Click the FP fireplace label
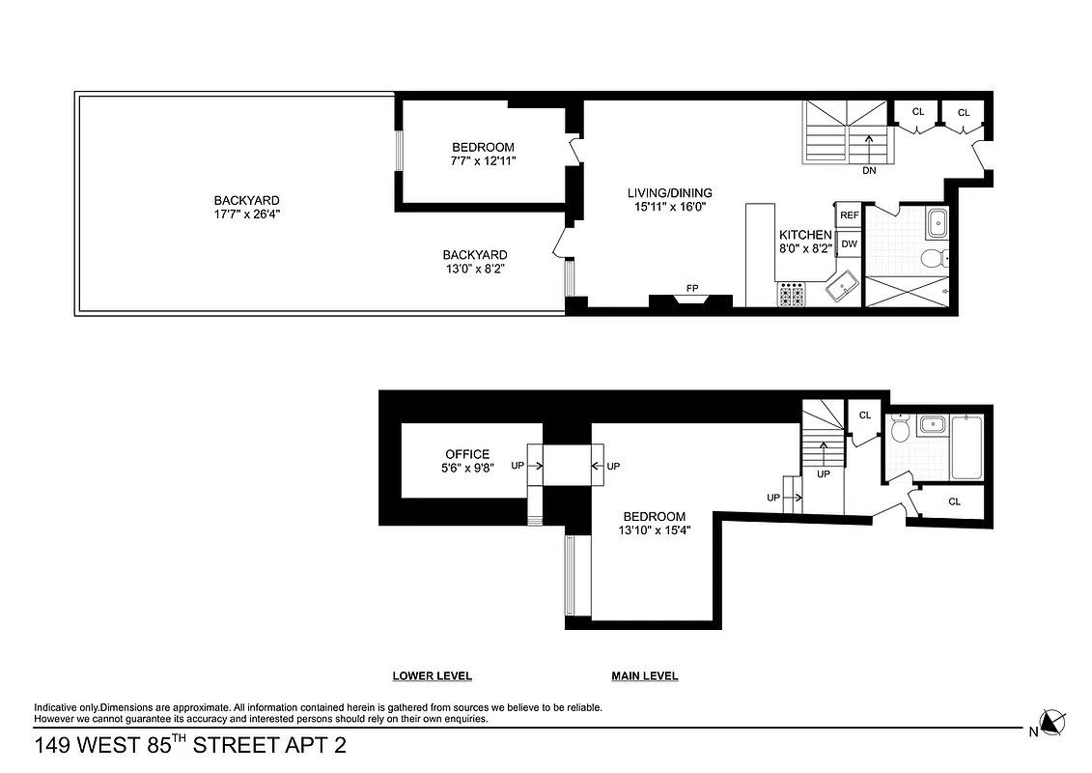(692, 288)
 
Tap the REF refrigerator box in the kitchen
(849, 215)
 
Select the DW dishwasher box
(849, 243)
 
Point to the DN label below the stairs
(869, 171)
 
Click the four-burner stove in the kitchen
(792, 294)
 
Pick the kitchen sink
(842, 288)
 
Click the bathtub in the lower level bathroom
(966, 447)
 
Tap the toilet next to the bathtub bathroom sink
(899, 428)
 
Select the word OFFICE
(467, 454)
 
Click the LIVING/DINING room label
(669, 193)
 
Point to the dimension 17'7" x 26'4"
(247, 215)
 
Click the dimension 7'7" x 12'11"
(484, 161)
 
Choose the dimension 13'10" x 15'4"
(654, 530)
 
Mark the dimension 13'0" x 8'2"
(474, 269)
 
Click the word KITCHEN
(805, 235)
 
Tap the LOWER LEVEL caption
(432, 676)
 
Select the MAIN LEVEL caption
(644, 676)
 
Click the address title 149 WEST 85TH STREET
(189, 745)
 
